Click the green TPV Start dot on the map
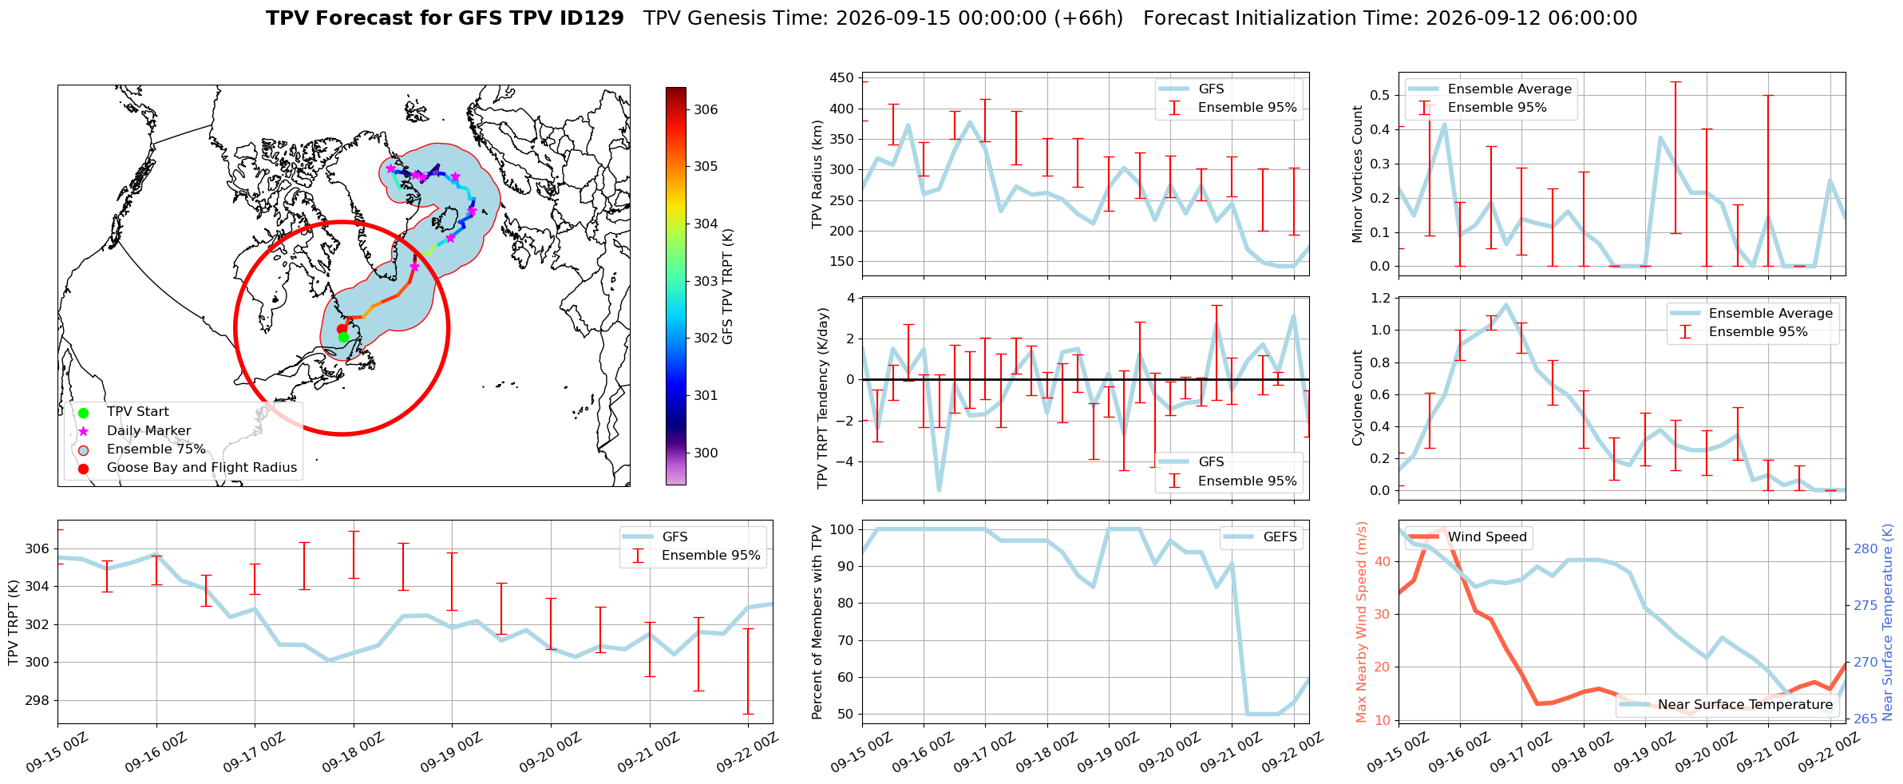[x=343, y=337]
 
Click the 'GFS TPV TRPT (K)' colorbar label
[x=727, y=287]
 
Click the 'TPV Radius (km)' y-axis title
[x=817, y=174]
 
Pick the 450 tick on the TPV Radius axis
[x=841, y=78]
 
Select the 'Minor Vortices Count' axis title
[x=1357, y=174]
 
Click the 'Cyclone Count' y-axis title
[x=1357, y=398]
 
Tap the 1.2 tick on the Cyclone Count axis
[x=1380, y=298]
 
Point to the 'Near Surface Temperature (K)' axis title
[x=1888, y=623]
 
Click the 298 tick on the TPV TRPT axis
[x=38, y=701]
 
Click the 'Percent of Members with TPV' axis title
[x=817, y=623]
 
